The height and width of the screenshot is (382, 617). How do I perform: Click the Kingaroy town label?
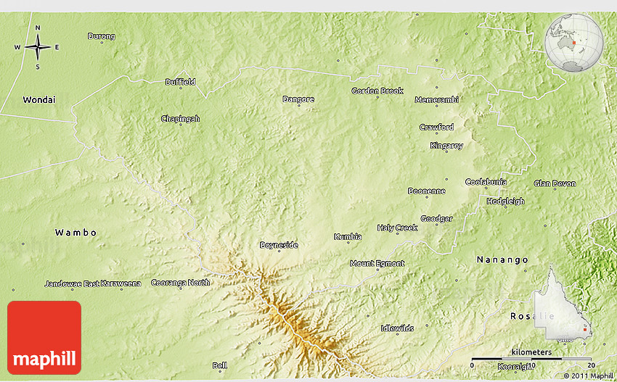click(446, 146)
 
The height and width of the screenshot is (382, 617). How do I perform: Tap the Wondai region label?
click(39, 99)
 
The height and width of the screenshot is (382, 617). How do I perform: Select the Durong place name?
click(101, 36)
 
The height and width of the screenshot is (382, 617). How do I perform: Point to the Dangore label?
click(298, 99)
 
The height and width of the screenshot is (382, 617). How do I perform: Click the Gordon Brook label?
click(377, 91)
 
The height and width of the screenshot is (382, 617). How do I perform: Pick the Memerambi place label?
click(436, 99)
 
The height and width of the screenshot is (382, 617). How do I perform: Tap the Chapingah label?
click(180, 119)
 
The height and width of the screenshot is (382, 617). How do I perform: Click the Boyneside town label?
click(279, 245)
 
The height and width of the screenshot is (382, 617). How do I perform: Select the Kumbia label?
click(348, 237)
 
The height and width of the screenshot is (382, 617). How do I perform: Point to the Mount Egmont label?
click(377, 263)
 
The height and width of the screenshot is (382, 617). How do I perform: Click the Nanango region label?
click(502, 259)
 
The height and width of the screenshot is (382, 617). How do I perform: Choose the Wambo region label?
click(75, 233)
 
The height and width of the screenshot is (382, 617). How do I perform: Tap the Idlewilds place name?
click(397, 328)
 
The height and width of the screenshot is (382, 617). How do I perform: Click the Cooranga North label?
click(180, 283)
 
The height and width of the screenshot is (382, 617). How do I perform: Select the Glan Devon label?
click(555, 183)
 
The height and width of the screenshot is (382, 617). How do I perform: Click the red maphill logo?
click(44, 338)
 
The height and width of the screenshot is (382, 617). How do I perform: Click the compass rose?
click(38, 47)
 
